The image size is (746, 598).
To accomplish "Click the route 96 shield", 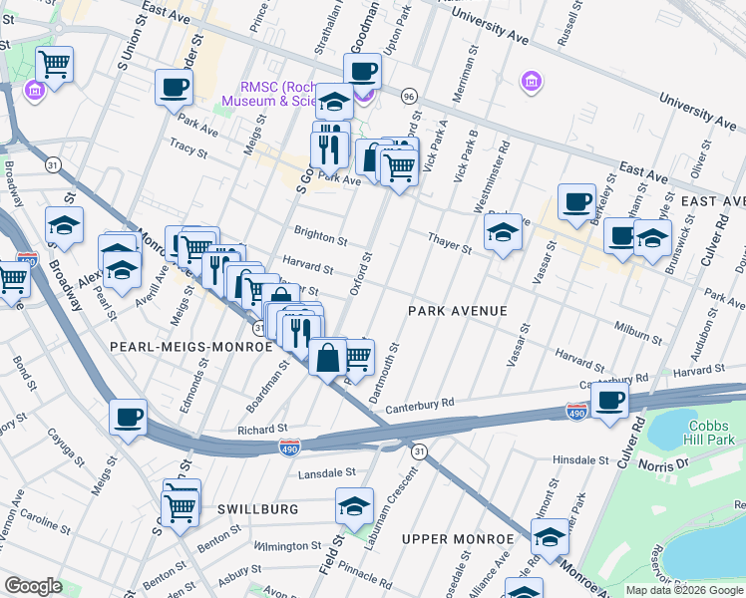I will point(408,96).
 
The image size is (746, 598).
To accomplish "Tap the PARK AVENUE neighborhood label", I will point(457,311).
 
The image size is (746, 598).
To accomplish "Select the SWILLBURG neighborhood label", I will point(257,509).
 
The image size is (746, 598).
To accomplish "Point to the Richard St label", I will point(263,429).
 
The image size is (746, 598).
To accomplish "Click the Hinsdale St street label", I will point(580,460).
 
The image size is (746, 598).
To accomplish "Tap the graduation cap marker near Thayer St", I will point(503,233).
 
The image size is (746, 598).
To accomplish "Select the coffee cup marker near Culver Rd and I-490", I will point(609,400).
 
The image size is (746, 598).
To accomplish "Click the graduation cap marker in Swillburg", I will point(354,506).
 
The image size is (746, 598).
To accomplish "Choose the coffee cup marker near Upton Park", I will point(362,70).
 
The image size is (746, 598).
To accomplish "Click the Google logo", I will point(34,586).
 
